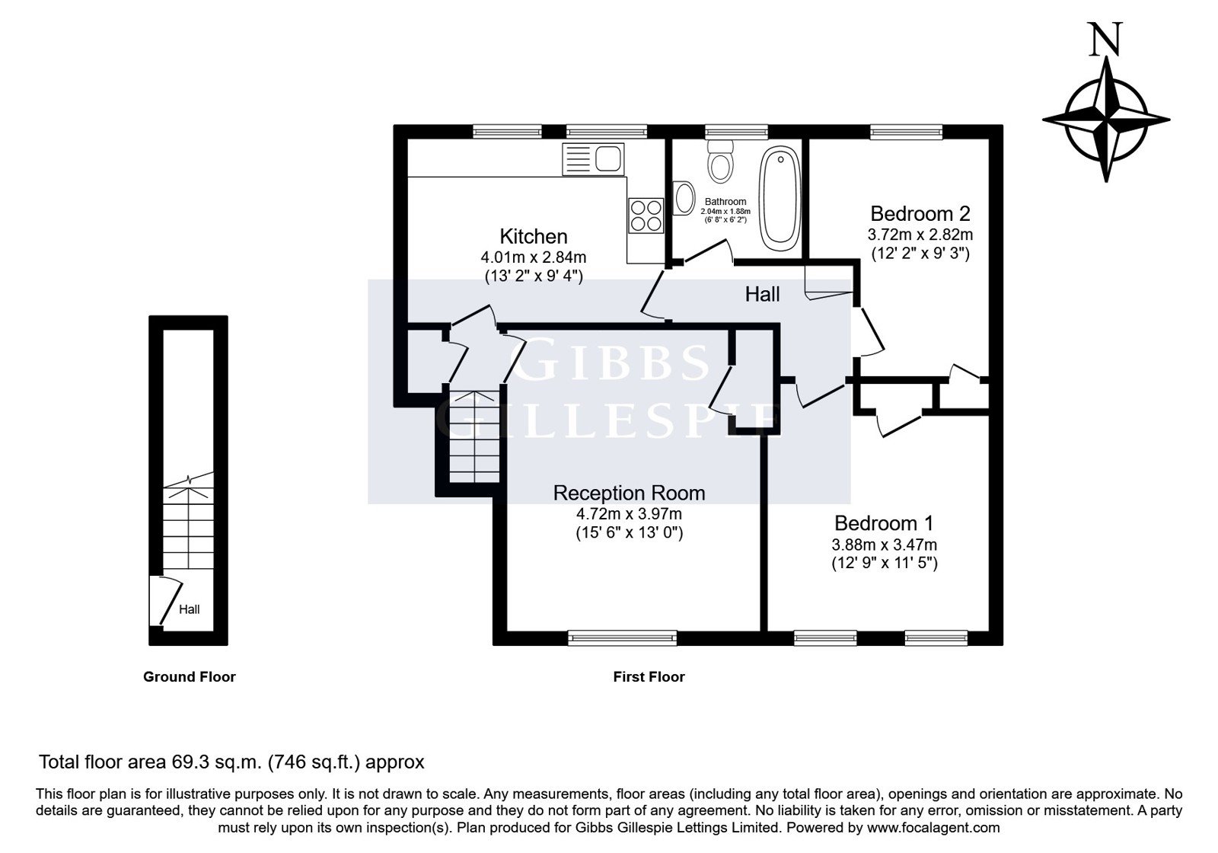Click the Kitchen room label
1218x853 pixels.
[534, 237]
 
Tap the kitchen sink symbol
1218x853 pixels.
[593, 159]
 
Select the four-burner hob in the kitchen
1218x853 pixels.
[646, 216]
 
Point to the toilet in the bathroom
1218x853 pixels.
[721, 161]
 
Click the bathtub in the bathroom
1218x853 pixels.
[780, 199]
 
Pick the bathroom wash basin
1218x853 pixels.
[684, 198]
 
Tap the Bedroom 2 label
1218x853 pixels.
[920, 214]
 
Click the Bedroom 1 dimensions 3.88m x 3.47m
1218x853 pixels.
[884, 545]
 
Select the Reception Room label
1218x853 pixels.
[629, 493]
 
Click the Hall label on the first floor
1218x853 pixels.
[762, 294]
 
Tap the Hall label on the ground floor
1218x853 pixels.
[190, 609]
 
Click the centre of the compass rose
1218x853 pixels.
[1106, 120]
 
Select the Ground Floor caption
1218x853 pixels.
[190, 677]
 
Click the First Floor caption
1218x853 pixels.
[649, 677]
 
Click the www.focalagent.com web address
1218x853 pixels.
[933, 828]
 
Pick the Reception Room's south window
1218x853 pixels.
[623, 638]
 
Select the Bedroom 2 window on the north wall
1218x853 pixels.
[906, 133]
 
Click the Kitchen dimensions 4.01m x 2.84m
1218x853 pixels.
[534, 257]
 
